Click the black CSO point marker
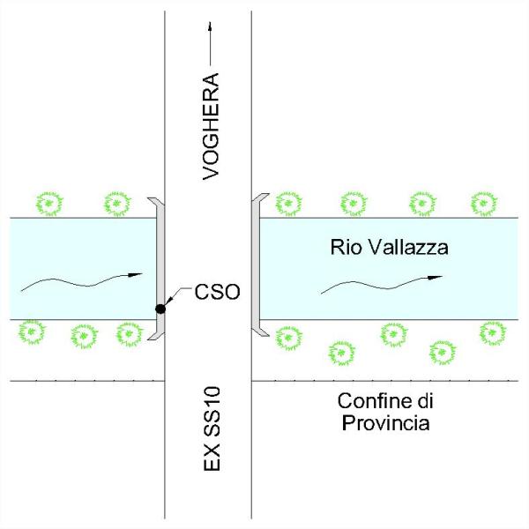pyautogui.click(x=160, y=309)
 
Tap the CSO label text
pyautogui.click(x=217, y=292)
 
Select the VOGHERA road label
pyautogui.click(x=211, y=126)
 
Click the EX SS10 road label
pyautogui.click(x=212, y=428)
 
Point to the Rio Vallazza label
pyautogui.click(x=390, y=247)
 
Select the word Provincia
pyautogui.click(x=385, y=422)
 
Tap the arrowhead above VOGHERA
pyautogui.click(x=210, y=26)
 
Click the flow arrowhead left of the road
pyautogui.click(x=135, y=274)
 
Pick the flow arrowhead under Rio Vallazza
pyautogui.click(x=436, y=278)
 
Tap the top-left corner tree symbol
pyautogui.click(x=49, y=204)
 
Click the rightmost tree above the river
pyautogui.click(x=484, y=204)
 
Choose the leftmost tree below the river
pyautogui.click(x=32, y=332)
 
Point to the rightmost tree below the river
pyautogui.click(x=493, y=333)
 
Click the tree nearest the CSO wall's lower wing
pyautogui.click(x=130, y=334)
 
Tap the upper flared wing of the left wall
pyautogui.click(x=155, y=202)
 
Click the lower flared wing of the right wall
pyautogui.click(x=261, y=332)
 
